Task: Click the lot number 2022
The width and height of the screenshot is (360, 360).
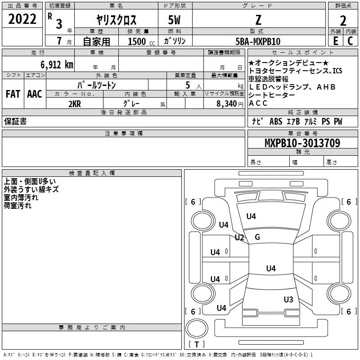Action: click(22, 19)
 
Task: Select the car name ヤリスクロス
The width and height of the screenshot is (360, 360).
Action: click(116, 20)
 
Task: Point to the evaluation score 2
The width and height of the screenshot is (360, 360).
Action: click(343, 20)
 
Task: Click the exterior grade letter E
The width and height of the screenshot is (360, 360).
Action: click(335, 41)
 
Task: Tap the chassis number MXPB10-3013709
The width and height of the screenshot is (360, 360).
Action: click(302, 143)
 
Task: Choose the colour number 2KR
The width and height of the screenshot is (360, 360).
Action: click(74, 103)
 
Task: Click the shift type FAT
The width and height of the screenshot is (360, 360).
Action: click(13, 94)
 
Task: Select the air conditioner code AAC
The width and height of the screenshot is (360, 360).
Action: click(35, 94)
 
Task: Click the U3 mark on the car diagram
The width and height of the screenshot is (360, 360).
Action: click(288, 299)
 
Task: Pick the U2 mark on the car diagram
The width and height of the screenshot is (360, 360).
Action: click(239, 238)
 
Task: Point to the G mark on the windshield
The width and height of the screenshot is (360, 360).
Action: click(257, 237)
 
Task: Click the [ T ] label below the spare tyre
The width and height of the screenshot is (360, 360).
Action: click(196, 344)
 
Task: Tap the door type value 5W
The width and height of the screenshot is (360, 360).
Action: click(175, 20)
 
